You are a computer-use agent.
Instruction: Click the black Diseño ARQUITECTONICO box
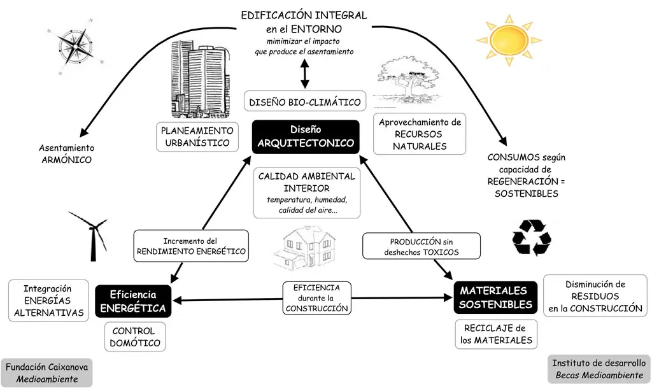(306, 136)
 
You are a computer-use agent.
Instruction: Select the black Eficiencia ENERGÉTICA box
(133, 302)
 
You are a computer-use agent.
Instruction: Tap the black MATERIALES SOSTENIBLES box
(495, 297)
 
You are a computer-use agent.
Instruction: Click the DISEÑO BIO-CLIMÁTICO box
(305, 102)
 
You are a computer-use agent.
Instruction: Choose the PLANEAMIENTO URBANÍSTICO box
(197, 137)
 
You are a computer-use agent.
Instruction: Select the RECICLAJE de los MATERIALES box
(496, 334)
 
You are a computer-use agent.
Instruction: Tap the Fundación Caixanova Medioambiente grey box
(46, 373)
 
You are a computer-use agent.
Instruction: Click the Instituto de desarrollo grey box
(599, 369)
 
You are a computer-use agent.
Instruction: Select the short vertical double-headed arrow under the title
(304, 74)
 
